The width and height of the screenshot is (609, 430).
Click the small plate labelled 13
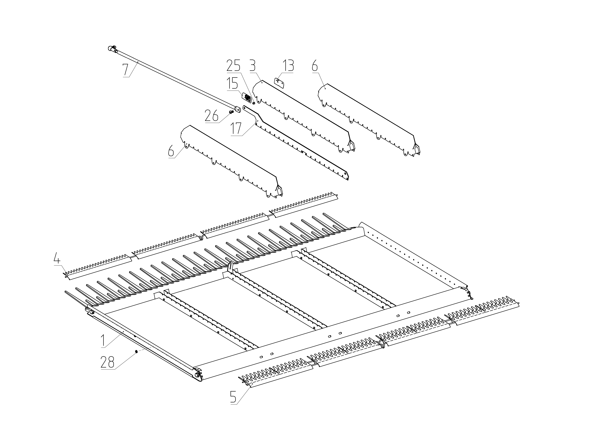tap(279, 83)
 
